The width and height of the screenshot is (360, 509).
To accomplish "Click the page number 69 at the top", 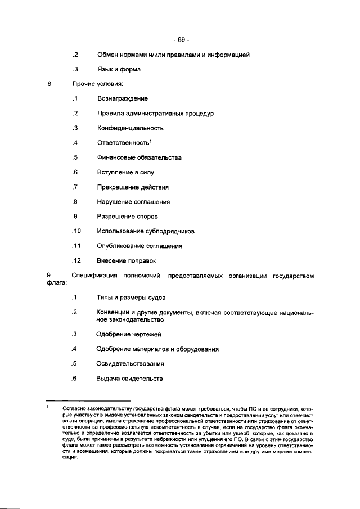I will click(x=181, y=40).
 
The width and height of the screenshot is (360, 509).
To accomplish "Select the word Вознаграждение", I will click(x=123, y=99).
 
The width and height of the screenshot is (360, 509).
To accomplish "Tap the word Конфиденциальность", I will click(x=130, y=128).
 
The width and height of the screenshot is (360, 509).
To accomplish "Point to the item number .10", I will click(x=76, y=231).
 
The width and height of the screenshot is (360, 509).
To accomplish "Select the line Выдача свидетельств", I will click(x=129, y=378).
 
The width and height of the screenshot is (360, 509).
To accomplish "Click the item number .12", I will click(x=76, y=260).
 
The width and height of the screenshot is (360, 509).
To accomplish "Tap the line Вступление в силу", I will click(x=125, y=172).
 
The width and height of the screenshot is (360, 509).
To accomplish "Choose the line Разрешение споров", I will click(x=127, y=217).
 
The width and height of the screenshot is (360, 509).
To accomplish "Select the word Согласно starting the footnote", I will click(x=74, y=408).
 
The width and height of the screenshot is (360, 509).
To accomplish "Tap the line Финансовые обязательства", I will click(x=139, y=157).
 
